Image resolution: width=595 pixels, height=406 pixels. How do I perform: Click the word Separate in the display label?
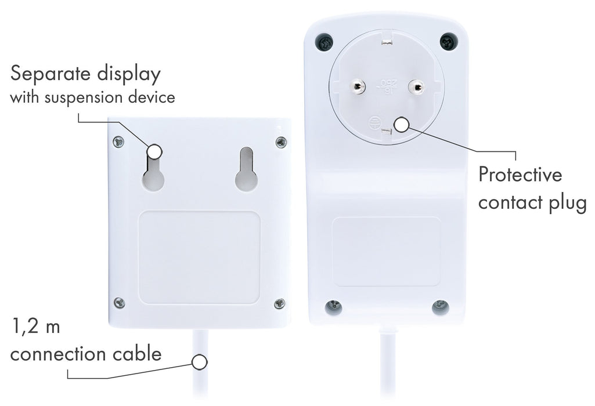pos(51,73)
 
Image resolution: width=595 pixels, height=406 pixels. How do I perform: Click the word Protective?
pos(520,175)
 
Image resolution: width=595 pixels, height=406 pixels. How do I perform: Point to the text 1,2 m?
pos(36,327)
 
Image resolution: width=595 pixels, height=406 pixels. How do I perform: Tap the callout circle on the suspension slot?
pos(154,152)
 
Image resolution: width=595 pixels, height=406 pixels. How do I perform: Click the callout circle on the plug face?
pos(402,124)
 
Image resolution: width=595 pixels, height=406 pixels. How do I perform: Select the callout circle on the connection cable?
pos(199,362)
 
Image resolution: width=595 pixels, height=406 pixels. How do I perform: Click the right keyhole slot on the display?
pos(247,169)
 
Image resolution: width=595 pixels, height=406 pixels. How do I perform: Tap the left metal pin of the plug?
pos(357,87)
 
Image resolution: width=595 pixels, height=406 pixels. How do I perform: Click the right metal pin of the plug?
pos(416,88)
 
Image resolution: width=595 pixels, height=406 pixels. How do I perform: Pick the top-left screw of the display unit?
pos(119,142)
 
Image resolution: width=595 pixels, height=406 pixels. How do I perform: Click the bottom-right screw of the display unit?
pos(280,303)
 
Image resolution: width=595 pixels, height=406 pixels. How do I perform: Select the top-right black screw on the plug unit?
pos(449,41)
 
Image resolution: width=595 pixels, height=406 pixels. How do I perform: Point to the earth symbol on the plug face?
pos(376,122)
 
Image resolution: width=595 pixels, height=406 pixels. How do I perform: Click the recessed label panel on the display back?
pos(199,258)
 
